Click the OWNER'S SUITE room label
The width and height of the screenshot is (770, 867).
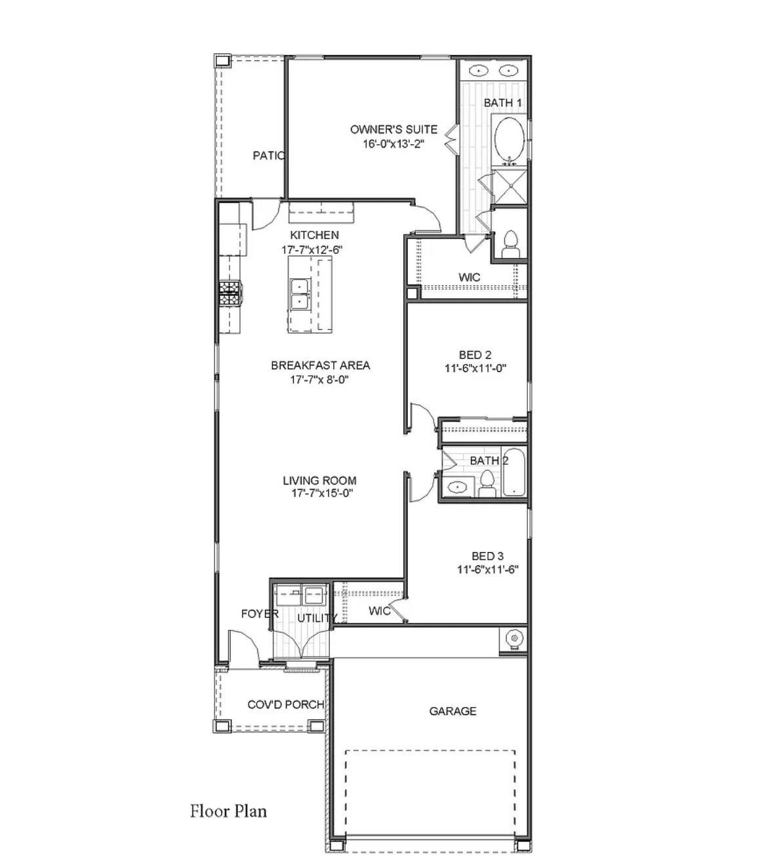[x=394, y=129]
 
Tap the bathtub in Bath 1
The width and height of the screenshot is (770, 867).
[x=508, y=139]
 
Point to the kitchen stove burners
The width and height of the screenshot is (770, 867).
[x=230, y=292]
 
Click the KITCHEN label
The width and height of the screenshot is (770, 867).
[x=315, y=235]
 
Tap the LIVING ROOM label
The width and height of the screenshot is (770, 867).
[x=319, y=480]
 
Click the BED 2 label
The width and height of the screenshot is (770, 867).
[x=476, y=355]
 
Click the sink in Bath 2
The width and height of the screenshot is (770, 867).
[x=456, y=487]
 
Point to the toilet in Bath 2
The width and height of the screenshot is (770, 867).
[x=487, y=483]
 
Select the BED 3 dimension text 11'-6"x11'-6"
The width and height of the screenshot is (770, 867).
[x=487, y=570]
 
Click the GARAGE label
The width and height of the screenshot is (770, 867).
[x=453, y=711]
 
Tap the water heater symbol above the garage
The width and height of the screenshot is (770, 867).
[x=513, y=637]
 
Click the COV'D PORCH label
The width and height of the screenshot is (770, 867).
[x=285, y=704]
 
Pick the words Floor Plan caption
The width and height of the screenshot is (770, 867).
[x=228, y=811]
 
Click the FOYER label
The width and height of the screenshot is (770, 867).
[x=260, y=614]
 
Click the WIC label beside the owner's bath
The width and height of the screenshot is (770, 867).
[x=469, y=277]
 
